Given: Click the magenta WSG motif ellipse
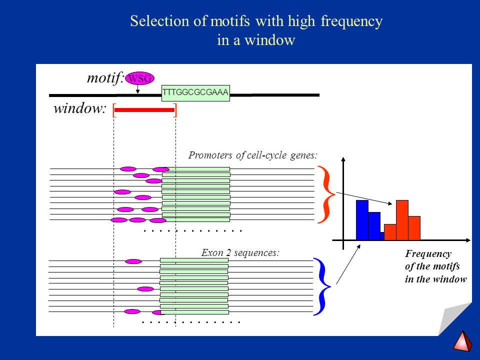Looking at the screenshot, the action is coord(139,78).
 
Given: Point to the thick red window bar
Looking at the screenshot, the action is coord(144,110).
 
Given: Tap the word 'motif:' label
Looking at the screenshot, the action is coord(105,78).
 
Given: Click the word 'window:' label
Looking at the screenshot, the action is coord(80,108).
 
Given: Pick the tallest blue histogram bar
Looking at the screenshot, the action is coord(362,220).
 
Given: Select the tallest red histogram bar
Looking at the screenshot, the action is coord(402,220).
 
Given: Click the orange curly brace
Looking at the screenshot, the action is coord(326,194).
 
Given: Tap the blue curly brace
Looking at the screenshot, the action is coord(322,287).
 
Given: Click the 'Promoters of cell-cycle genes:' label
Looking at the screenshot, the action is coord(252,155).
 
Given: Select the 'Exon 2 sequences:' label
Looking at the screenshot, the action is coord(240,253).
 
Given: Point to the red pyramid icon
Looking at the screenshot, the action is coord(462,340).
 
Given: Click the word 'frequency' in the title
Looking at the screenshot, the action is coord(351,21).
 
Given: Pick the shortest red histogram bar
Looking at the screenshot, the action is coord(390,232).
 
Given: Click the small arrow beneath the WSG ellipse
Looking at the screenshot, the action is coord(138,89).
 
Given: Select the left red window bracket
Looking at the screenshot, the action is coord(114,110).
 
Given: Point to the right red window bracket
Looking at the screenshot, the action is coord(175,110).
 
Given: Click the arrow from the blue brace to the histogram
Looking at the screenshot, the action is coord(348,264).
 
